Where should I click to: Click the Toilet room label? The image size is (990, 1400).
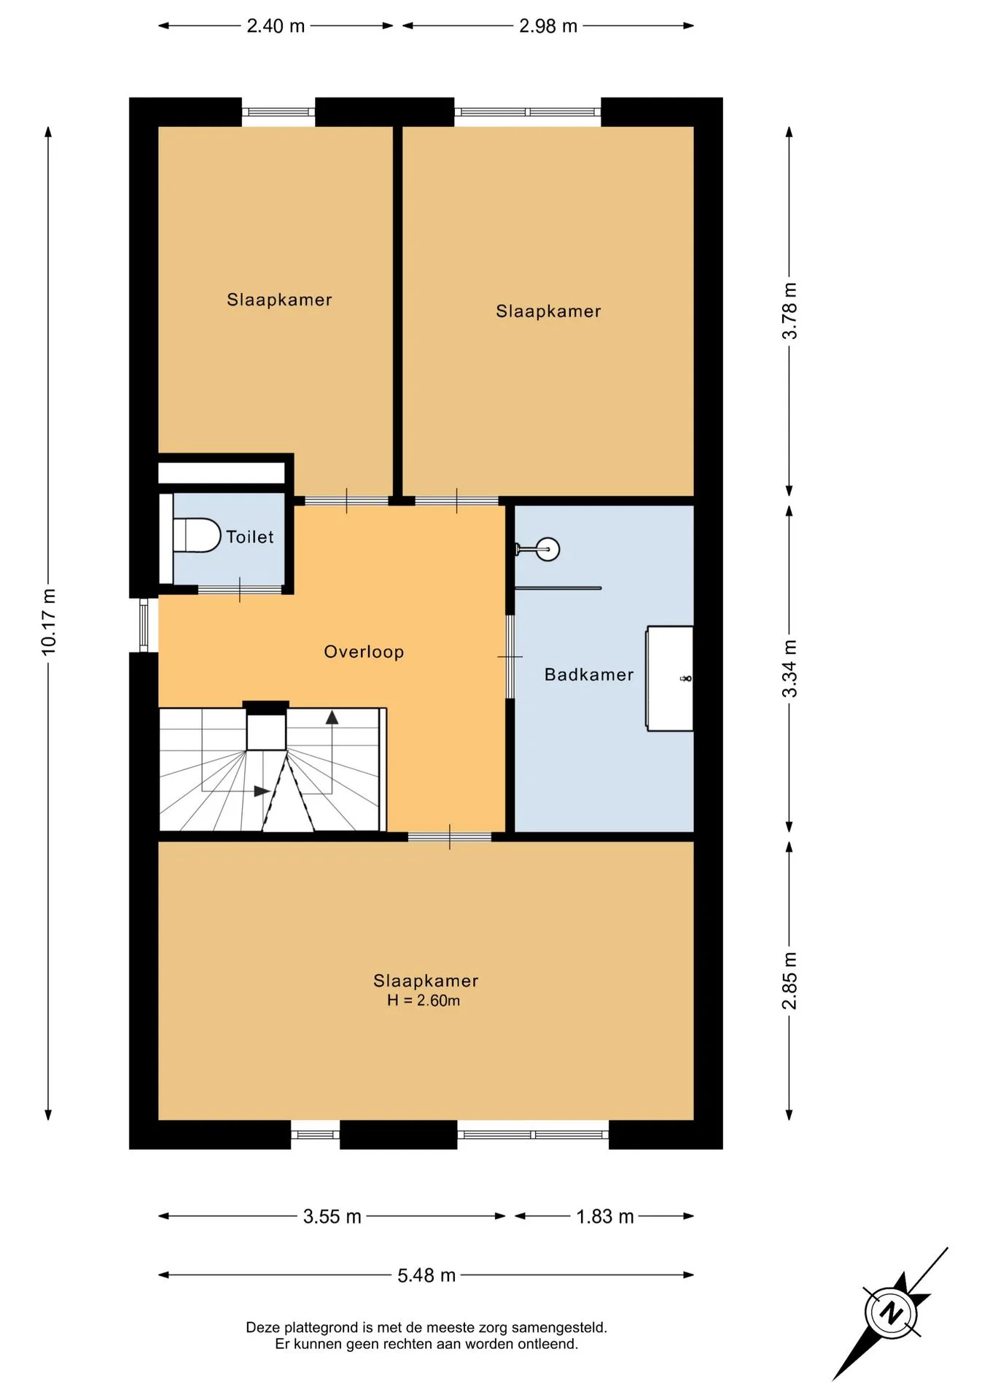[x=249, y=537]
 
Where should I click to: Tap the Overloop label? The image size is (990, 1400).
[x=364, y=652]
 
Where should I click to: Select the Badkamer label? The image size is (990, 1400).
[x=589, y=674]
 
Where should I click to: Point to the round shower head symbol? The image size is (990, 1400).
[x=547, y=549]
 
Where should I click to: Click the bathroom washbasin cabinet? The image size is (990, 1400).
[x=669, y=678]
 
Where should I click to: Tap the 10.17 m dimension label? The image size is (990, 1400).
[x=49, y=622]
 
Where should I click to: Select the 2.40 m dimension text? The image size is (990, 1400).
[x=276, y=26]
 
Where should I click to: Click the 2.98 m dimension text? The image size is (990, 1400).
[x=548, y=26]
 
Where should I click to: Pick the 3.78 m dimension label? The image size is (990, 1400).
[x=790, y=311]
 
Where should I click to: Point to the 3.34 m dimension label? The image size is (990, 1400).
[x=790, y=669]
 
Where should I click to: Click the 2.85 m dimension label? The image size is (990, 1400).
[x=790, y=981]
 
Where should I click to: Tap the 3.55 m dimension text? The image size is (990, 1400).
[x=332, y=1217]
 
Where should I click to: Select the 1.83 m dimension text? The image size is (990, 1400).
[x=605, y=1217]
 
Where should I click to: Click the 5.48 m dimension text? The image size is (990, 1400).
[x=426, y=1276]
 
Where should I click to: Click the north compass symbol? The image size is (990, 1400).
[x=891, y=1313]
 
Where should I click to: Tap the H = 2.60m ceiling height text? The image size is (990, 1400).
[x=424, y=1000]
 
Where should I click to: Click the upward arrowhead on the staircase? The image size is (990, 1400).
[x=332, y=717]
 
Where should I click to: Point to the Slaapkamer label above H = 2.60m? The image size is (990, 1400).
[x=426, y=981]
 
